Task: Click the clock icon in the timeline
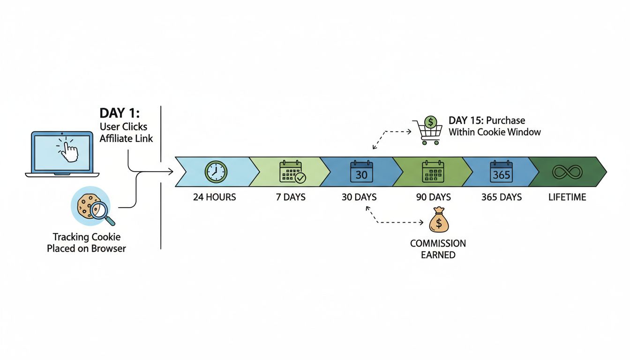point(216,172)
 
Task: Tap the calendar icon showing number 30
point(361,172)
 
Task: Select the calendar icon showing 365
point(501,172)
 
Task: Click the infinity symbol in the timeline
point(567,172)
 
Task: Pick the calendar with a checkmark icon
point(292,172)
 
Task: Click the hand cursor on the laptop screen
point(69,150)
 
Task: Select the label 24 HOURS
point(214,197)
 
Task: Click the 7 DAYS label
point(291,197)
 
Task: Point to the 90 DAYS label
point(434,197)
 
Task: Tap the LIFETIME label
point(567,197)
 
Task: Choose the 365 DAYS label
point(502,197)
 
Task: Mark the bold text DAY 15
point(467,120)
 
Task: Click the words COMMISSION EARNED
point(438,249)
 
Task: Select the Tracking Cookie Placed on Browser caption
point(86,243)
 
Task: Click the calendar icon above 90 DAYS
point(433,172)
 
